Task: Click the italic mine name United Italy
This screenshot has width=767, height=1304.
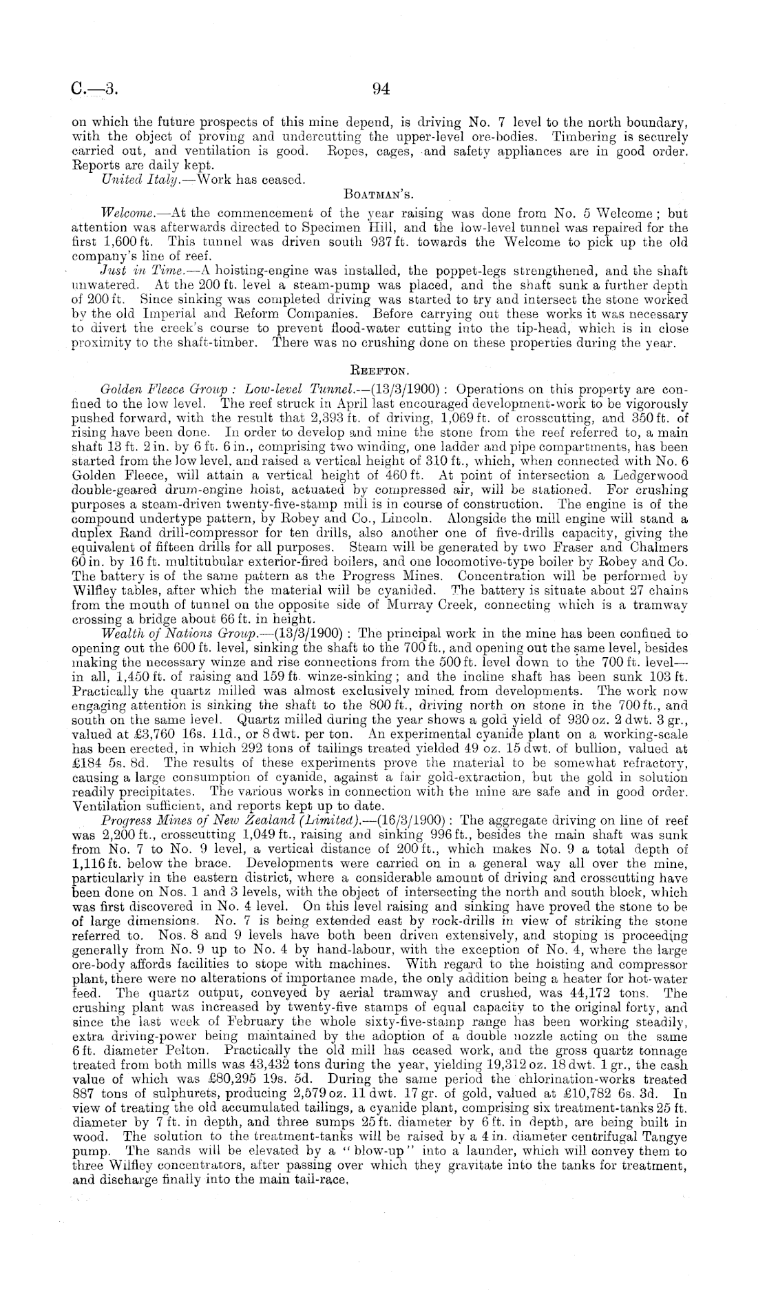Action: coord(125,178)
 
